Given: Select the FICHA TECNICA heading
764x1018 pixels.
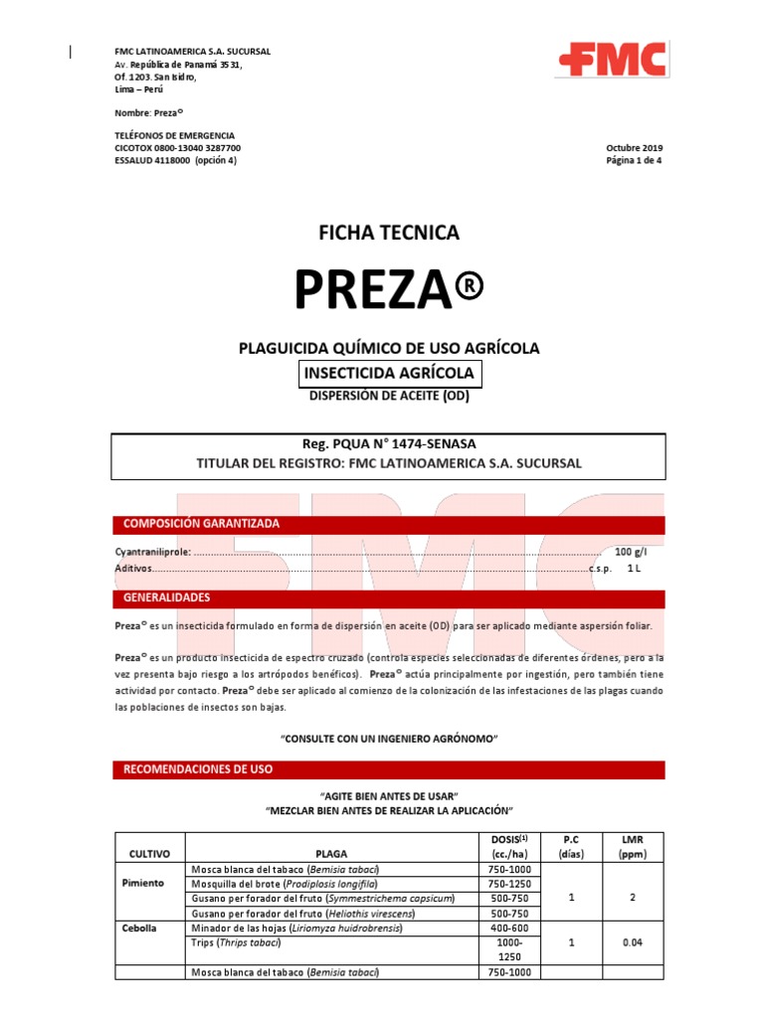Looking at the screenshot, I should (x=388, y=233).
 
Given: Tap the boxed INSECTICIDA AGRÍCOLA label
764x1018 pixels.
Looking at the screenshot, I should (x=390, y=374).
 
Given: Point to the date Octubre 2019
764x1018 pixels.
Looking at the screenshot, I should (x=634, y=148).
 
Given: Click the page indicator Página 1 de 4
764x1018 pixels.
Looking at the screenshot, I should (x=634, y=161).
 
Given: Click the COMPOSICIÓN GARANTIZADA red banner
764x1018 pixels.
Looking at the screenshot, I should (x=201, y=524).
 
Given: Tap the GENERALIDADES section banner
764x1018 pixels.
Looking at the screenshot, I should (x=166, y=598).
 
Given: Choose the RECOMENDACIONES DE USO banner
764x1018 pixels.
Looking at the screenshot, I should (x=198, y=769).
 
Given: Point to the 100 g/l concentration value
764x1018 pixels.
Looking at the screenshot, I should (x=631, y=552).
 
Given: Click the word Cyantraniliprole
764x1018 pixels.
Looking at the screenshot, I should (x=151, y=552).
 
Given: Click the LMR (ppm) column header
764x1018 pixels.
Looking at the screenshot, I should (x=632, y=847).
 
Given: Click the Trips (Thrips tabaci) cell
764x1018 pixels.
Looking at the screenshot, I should (x=242, y=942).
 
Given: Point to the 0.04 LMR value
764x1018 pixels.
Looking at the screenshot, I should (x=632, y=942).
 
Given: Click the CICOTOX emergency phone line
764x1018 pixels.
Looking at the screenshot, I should (x=178, y=148).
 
